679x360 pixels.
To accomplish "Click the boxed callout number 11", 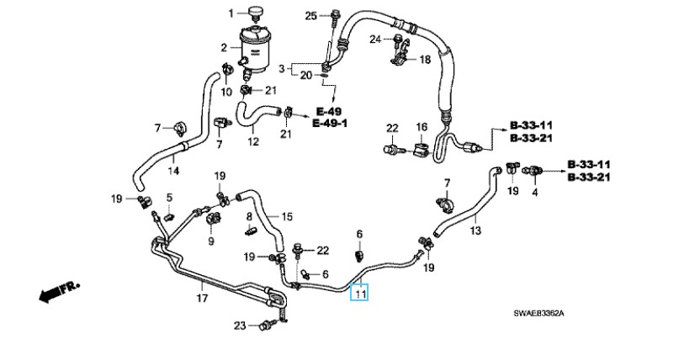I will pyautogui.click(x=360, y=294).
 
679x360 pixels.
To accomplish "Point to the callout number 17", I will pyautogui.click(x=201, y=298).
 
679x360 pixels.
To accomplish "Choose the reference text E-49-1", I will pyautogui.click(x=331, y=124).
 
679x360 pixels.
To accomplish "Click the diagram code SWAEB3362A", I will pyautogui.click(x=538, y=314).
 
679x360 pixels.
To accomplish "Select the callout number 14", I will pyautogui.click(x=173, y=172).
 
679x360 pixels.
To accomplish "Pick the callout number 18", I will pyautogui.click(x=424, y=60).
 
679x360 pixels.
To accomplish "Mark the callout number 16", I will pyautogui.click(x=422, y=127).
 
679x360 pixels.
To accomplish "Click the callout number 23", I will pyautogui.click(x=240, y=326).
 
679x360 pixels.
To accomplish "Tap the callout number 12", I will pyautogui.click(x=253, y=142).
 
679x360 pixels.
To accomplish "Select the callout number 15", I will pyautogui.click(x=286, y=216).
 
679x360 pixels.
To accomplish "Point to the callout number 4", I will pyautogui.click(x=533, y=192).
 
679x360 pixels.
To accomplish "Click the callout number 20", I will pyautogui.click(x=307, y=76).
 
